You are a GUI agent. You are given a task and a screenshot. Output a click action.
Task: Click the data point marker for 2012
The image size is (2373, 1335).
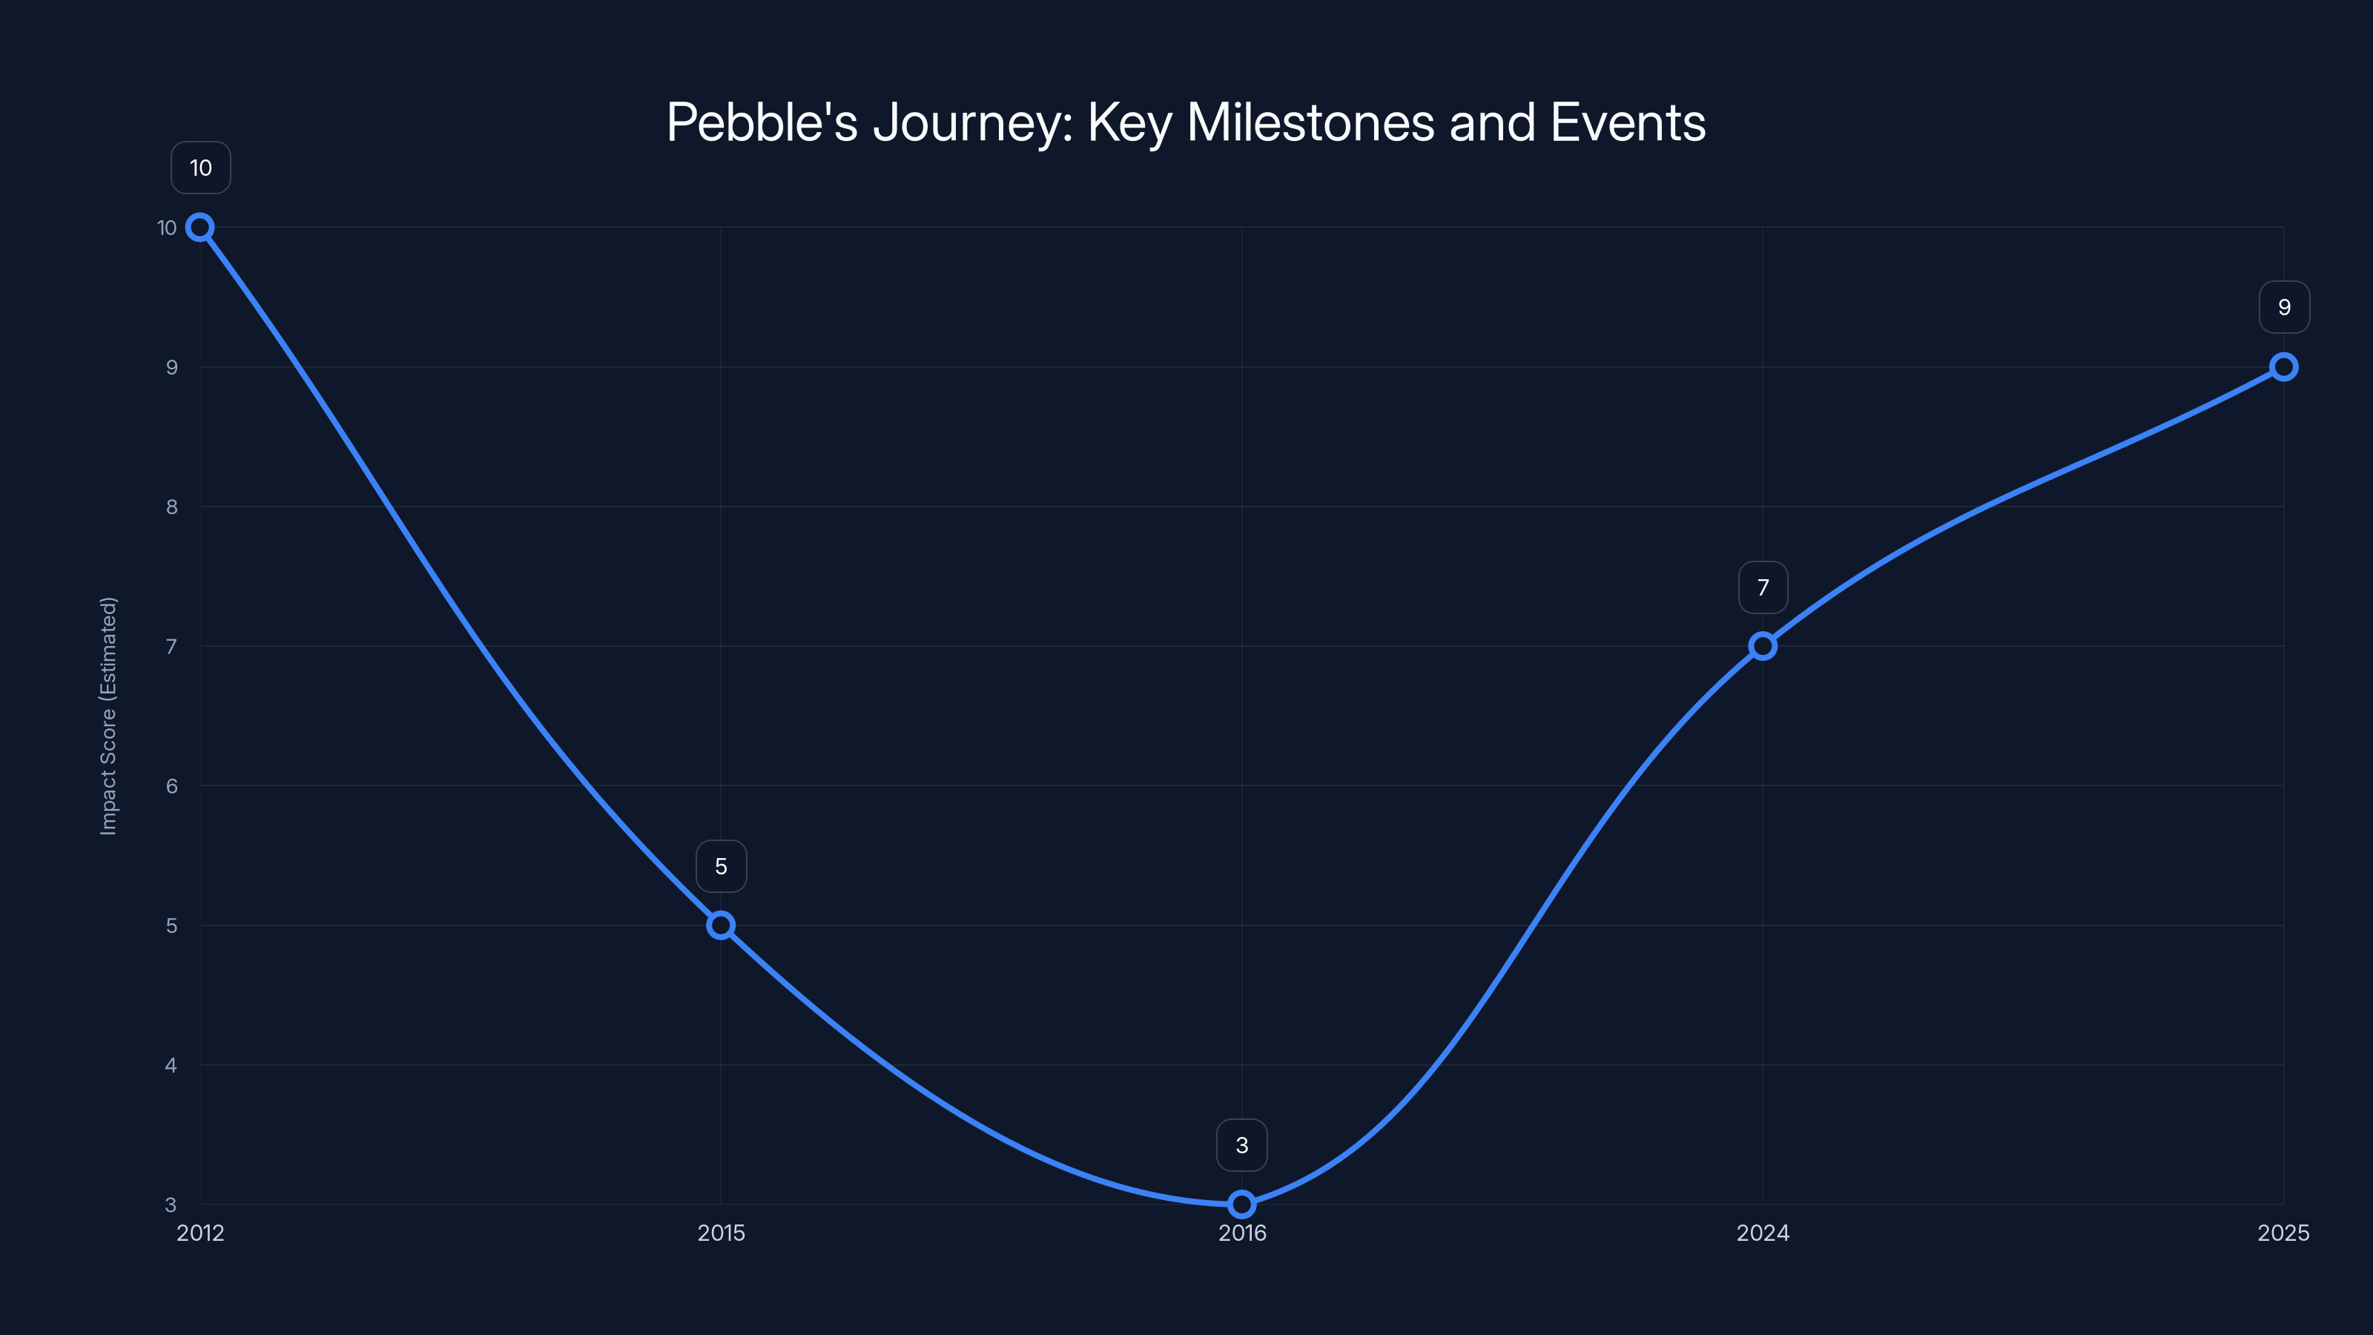(200, 228)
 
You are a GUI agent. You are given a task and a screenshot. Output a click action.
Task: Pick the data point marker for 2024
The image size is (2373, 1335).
(1762, 646)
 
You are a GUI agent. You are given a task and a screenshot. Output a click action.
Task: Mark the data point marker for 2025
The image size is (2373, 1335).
(2284, 366)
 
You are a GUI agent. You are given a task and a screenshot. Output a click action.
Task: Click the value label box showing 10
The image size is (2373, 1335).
(201, 168)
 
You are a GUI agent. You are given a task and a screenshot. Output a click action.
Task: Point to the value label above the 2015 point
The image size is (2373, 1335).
(722, 866)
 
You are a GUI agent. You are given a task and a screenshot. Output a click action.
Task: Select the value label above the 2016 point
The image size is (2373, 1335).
(1242, 1145)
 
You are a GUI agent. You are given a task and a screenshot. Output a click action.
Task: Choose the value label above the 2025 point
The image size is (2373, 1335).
(2285, 307)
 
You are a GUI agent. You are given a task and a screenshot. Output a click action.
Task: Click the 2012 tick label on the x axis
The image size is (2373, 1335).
(200, 1233)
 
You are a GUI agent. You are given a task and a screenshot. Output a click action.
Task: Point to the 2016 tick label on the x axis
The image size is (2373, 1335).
(1242, 1233)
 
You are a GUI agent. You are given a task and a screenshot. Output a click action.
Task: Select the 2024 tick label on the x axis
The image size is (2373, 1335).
(1762, 1233)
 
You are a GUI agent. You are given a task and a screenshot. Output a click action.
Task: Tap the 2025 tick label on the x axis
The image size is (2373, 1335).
(2283, 1233)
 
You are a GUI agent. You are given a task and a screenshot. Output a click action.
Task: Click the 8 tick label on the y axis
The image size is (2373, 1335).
(171, 507)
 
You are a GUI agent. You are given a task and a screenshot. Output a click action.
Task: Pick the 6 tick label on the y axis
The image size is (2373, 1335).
(171, 786)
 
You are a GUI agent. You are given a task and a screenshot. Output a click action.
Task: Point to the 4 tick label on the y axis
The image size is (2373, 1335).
(171, 1065)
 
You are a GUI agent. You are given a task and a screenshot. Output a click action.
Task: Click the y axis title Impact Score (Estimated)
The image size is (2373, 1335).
(109, 716)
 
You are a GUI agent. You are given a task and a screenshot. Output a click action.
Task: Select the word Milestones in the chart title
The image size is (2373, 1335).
(1310, 122)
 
